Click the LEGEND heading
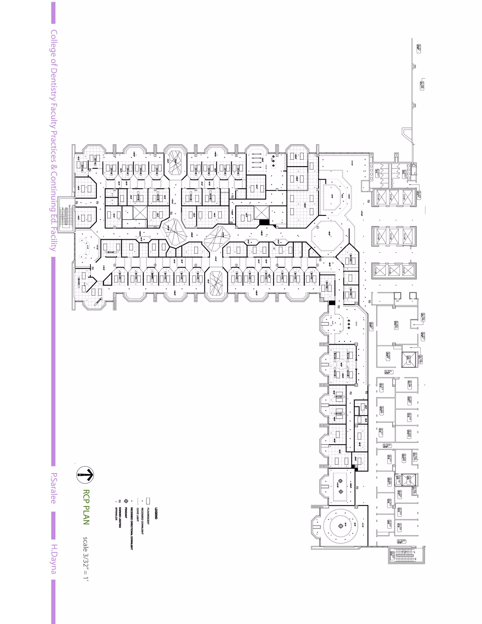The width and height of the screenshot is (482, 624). (156, 513)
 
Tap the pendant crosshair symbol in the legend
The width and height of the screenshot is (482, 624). (126, 501)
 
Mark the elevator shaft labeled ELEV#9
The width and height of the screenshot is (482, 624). (380, 270)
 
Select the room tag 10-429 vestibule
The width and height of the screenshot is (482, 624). (419, 195)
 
